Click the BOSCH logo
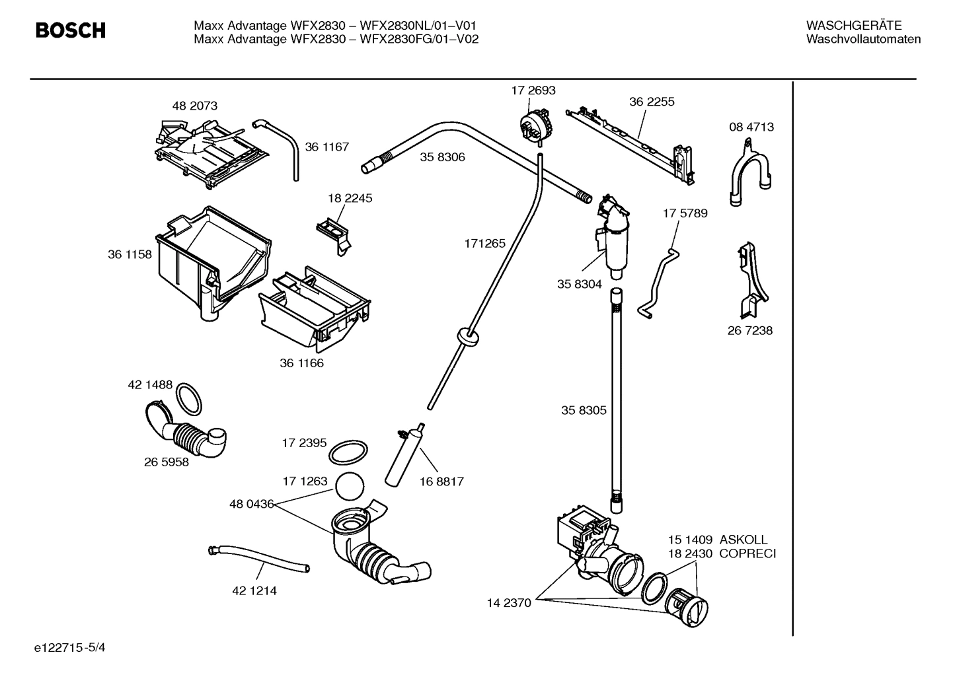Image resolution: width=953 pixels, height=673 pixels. pos(70,30)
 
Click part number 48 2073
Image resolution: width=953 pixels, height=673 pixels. pos(194,106)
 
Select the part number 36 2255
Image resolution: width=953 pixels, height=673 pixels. pos(652,102)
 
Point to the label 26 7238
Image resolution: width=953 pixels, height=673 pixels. pos(749,330)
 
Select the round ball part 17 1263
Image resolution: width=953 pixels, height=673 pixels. pos(350,487)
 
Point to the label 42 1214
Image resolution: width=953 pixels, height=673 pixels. pos(254,590)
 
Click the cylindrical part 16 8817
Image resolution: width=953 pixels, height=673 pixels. pos(402,456)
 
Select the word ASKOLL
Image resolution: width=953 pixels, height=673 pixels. pos(743,540)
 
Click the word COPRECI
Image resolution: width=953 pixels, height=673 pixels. pos(747,553)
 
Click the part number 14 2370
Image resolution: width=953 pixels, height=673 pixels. pos(509,602)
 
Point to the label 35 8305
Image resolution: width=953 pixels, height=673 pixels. pos(584,410)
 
